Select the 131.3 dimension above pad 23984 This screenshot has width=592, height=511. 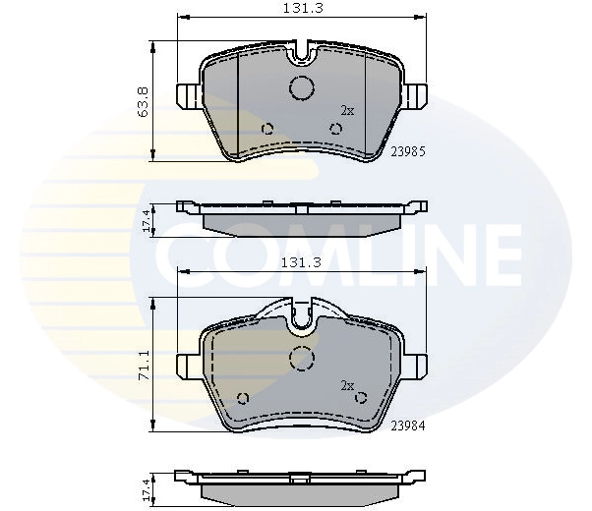[302, 262]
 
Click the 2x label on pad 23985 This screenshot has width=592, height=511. [346, 110]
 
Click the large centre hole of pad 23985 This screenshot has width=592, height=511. [301, 87]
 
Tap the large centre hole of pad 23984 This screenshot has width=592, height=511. [301, 356]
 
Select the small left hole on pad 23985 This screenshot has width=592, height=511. [266, 128]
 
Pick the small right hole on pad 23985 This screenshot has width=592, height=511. [335, 128]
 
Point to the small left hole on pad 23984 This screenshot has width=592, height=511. [243, 398]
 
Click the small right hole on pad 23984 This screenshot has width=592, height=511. [360, 398]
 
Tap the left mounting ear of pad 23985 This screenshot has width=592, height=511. [186, 95]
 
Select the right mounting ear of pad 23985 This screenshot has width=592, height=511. [417, 95]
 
